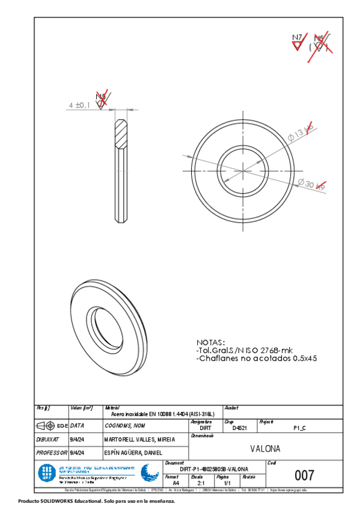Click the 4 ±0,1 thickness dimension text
(x=79, y=105)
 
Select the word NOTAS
(x=210, y=341)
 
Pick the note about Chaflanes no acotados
(x=256, y=358)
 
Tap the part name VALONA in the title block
(x=265, y=449)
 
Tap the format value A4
(x=175, y=483)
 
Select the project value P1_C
(x=299, y=428)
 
